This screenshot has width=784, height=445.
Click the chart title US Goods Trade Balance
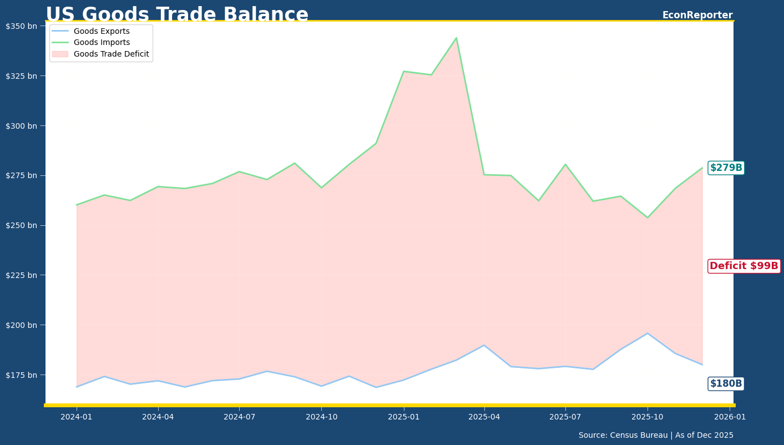[177, 15]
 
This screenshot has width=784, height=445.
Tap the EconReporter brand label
[697, 15]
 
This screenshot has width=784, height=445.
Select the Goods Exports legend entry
[102, 32]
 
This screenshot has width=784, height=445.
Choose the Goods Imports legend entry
[102, 43]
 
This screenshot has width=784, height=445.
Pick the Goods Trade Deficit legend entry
[111, 54]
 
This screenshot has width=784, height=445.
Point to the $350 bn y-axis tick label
[22, 26]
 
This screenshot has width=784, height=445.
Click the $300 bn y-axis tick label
[22, 125]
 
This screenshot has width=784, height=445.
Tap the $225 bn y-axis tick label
[22, 275]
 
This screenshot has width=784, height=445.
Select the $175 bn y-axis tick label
[22, 375]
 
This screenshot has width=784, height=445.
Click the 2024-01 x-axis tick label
[77, 417]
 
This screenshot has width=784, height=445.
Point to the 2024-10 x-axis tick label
[321, 417]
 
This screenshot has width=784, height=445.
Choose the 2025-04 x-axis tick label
[484, 417]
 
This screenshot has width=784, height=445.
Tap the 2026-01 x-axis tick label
[729, 417]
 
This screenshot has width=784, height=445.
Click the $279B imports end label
[726, 168]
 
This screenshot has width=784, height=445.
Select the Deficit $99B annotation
[743, 266]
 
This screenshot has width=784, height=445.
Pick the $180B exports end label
[726, 383]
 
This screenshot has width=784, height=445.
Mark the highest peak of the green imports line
[456, 38]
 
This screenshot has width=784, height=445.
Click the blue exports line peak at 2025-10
[647, 333]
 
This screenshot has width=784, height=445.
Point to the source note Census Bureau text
[656, 436]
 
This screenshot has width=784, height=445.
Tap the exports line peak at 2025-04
[484, 345]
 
